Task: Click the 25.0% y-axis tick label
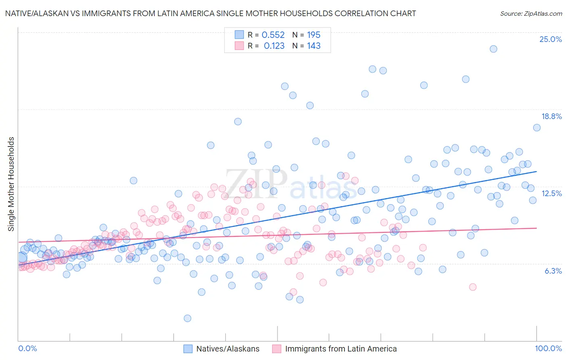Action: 550,39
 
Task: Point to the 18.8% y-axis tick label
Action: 551,116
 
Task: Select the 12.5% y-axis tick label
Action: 551,193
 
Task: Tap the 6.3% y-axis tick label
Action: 553,271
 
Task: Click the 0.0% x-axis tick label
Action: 27,348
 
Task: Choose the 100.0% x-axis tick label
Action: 548,348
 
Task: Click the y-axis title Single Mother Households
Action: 11,184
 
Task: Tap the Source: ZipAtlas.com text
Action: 531,13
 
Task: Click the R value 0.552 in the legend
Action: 273,35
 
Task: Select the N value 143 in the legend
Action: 313,46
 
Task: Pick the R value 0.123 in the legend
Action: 274,46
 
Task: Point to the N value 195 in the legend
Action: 313,35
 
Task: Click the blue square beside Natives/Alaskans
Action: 188,349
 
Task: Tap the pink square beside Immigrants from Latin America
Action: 277,349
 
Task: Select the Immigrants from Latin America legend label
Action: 341,349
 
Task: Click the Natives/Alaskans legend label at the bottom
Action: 228,349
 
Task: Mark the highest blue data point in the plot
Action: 493,49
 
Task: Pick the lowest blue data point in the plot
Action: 187,318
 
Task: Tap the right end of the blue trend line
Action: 536,172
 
